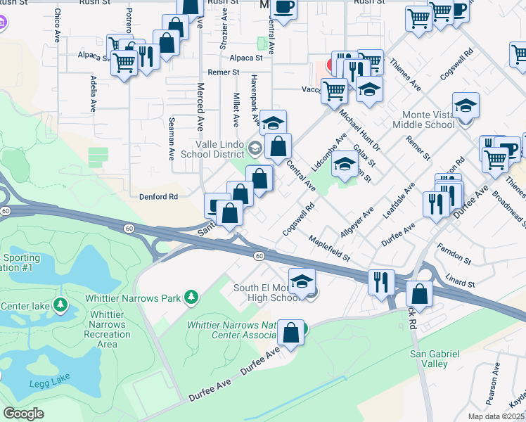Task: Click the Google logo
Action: pyautogui.click(x=23, y=414)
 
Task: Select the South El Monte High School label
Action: pyautogui.click(x=267, y=293)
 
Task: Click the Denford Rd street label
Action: pyautogui.click(x=158, y=197)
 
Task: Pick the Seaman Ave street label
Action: pyautogui.click(x=171, y=139)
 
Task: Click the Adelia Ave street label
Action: pyautogui.click(x=93, y=96)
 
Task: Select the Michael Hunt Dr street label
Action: pyautogui.click(x=359, y=129)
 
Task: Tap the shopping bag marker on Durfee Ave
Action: pyautogui.click(x=290, y=331)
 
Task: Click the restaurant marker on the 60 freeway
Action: pyautogui.click(x=381, y=282)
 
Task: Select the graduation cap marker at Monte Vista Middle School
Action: pyautogui.click(x=465, y=105)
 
